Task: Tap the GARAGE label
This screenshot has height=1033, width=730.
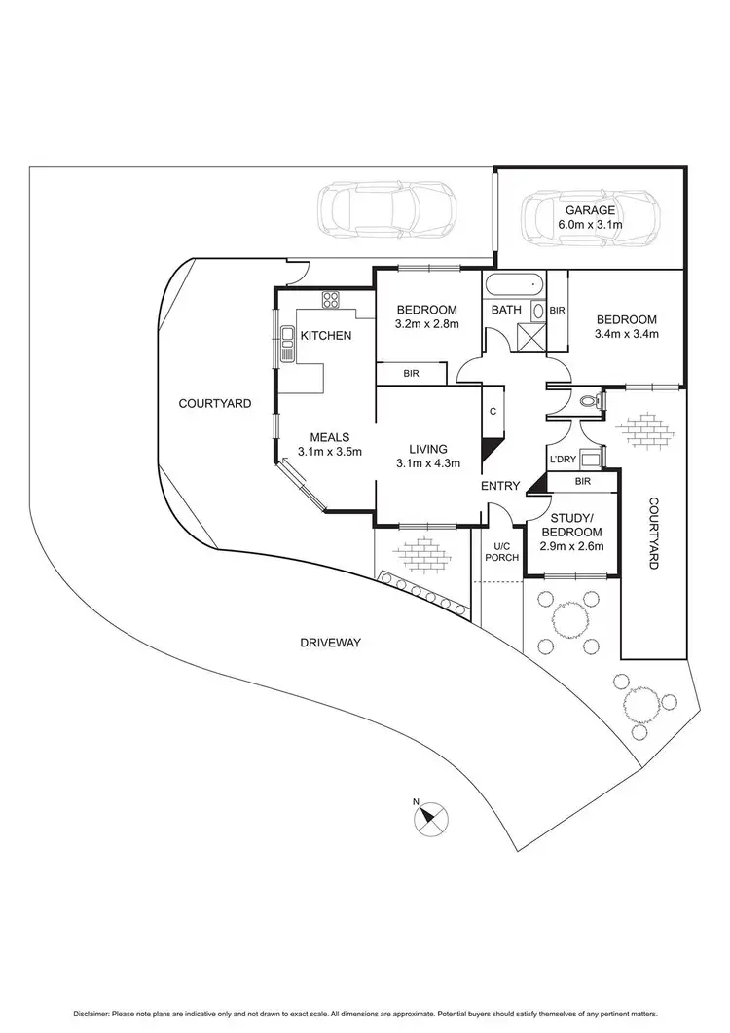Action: click(587, 210)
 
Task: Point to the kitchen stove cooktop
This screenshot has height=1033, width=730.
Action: click(330, 299)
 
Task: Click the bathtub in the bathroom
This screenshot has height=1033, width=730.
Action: click(512, 288)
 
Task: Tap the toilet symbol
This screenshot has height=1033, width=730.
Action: click(588, 400)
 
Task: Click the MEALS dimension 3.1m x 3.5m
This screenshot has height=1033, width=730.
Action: click(330, 452)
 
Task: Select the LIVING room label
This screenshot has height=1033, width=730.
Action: click(428, 449)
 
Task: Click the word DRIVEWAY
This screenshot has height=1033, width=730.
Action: click(330, 643)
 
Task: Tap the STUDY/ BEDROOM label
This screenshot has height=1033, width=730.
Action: click(572, 526)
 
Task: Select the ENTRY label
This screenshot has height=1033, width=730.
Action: click(500, 486)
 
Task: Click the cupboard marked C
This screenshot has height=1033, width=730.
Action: click(493, 411)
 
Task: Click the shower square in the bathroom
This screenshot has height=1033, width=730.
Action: click(530, 338)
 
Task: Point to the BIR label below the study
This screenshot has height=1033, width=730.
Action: click(582, 481)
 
